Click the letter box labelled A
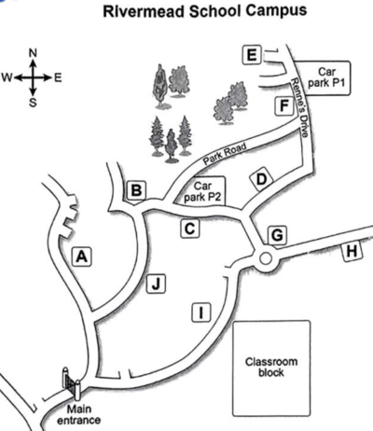click(82, 257)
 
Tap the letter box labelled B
click(136, 190)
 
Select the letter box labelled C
click(190, 229)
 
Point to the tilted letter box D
click(262, 179)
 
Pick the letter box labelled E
click(252, 55)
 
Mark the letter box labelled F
click(284, 105)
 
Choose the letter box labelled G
click(277, 235)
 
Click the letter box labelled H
click(352, 251)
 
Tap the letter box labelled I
click(201, 312)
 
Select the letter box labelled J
click(156, 284)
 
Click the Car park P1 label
click(326, 77)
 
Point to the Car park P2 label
click(202, 191)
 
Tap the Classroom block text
click(271, 367)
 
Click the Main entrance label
click(79, 414)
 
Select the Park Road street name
click(225, 154)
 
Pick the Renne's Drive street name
click(299, 107)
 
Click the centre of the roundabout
click(266, 258)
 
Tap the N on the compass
click(33, 53)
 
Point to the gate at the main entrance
click(72, 383)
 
